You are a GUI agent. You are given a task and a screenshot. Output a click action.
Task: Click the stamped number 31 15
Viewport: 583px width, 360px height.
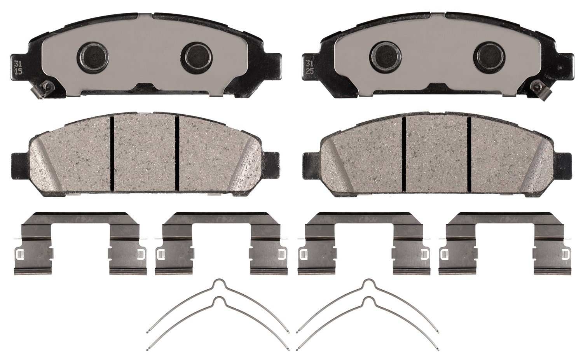pyautogui.click(x=18, y=67)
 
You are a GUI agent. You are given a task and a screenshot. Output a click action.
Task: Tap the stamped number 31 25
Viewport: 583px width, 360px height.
pyautogui.click(x=309, y=67)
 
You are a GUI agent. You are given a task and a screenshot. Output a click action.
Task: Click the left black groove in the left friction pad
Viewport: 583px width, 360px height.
pyautogui.click(x=112, y=154)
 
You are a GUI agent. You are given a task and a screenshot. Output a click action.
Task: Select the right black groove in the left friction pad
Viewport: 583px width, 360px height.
pyautogui.click(x=177, y=154)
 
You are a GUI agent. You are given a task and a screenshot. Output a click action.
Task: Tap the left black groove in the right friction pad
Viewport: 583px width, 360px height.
pyautogui.click(x=404, y=154)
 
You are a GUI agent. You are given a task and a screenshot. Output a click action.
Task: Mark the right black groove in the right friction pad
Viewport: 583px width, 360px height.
pyautogui.click(x=469, y=154)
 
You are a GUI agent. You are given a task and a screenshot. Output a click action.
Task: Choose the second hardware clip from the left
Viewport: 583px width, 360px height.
pyautogui.click(x=221, y=243)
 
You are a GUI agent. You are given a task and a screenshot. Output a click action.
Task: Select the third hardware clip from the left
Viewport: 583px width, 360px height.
pyautogui.click(x=364, y=243)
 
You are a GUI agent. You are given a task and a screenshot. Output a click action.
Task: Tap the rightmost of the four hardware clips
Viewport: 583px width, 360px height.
pyautogui.click(x=504, y=243)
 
